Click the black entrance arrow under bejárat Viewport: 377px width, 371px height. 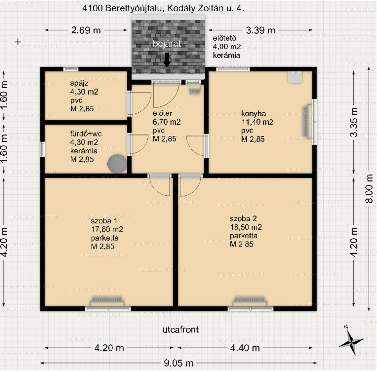point(167,59)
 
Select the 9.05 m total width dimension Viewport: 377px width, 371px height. point(178,363)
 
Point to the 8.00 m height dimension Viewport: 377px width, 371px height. point(369,189)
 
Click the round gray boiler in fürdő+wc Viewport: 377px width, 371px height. point(117,164)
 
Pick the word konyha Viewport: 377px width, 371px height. point(253,113)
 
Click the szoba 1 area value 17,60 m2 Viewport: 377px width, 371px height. point(107,229)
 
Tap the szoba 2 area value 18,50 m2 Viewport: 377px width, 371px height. point(246,227)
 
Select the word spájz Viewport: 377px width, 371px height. point(79,83)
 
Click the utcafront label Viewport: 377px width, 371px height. point(180,329)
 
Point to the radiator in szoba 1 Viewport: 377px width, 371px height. point(107,300)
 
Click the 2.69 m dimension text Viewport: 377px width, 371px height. point(86,30)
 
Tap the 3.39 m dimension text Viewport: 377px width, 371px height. point(260,30)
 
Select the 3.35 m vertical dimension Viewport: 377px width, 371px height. point(353,122)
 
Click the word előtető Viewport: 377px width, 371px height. point(224,38)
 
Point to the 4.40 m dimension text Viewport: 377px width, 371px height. point(245,348)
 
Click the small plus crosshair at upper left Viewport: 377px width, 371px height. point(18,42)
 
